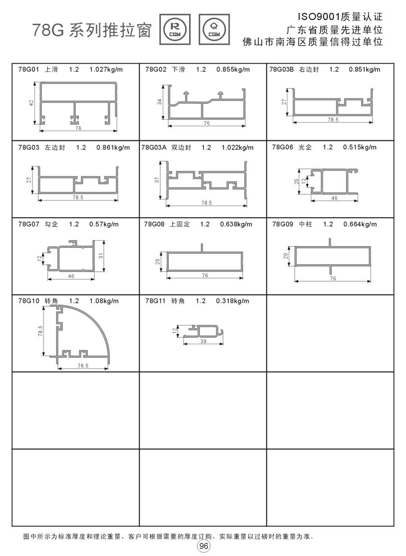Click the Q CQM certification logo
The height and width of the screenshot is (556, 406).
point(214,29)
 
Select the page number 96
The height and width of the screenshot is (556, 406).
point(203,546)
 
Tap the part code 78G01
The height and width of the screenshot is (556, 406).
point(28,69)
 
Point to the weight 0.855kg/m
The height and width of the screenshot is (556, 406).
point(233,69)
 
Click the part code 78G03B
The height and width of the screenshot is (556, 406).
point(281,69)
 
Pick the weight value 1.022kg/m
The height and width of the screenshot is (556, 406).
point(238,147)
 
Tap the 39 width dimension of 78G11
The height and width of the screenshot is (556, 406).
point(203,342)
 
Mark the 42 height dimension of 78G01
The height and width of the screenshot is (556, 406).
point(32,103)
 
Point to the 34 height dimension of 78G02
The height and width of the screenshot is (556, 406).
point(160,102)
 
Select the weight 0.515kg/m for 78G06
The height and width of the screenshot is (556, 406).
point(360,147)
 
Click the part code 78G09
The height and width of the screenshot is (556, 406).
point(282,224)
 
